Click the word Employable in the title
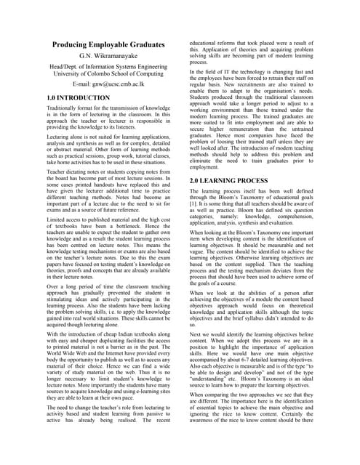[119, 46]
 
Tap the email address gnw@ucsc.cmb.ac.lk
[119, 84]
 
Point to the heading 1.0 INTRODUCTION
[78, 97]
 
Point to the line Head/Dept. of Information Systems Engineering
[107, 65]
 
